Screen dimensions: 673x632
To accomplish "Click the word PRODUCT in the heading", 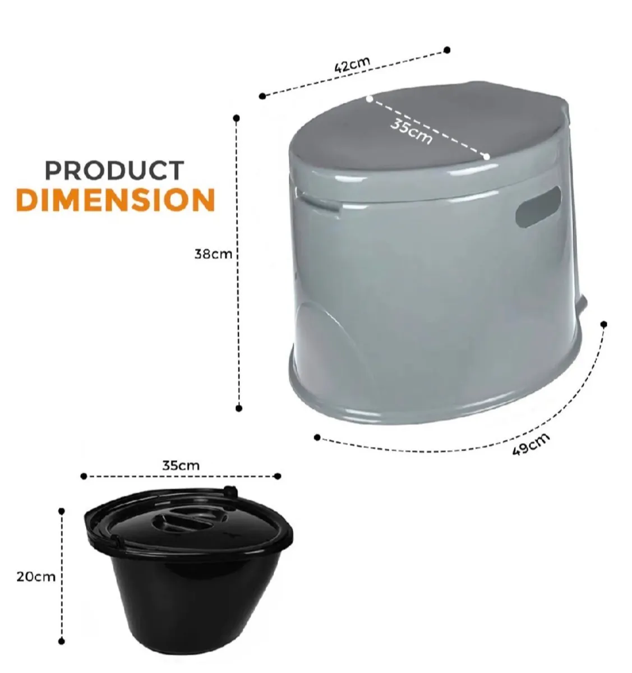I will [x=114, y=170].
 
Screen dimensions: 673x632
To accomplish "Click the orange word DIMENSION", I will [x=116, y=200].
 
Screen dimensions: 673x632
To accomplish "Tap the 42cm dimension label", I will [x=352, y=64].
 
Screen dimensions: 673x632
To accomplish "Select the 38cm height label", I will [x=213, y=253].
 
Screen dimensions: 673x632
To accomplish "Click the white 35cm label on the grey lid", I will [x=412, y=131].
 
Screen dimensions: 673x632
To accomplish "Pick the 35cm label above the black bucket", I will [x=181, y=465].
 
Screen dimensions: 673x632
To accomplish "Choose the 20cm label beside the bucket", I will [x=36, y=577].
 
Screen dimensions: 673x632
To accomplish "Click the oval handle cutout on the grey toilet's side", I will [x=538, y=207].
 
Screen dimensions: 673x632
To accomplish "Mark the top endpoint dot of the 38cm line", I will [x=237, y=118].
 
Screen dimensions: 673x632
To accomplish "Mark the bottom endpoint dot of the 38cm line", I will [x=239, y=408].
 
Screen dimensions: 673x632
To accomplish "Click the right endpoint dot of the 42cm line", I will [x=447, y=50].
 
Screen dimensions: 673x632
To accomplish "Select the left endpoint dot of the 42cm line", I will [x=262, y=96].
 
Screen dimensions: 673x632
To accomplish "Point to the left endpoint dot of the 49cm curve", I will [x=317, y=437].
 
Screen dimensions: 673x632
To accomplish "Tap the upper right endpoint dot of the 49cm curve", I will [x=604, y=324].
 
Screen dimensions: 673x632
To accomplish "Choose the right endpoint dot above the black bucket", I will [x=278, y=476].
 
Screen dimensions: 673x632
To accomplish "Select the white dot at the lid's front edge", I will [x=486, y=156].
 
